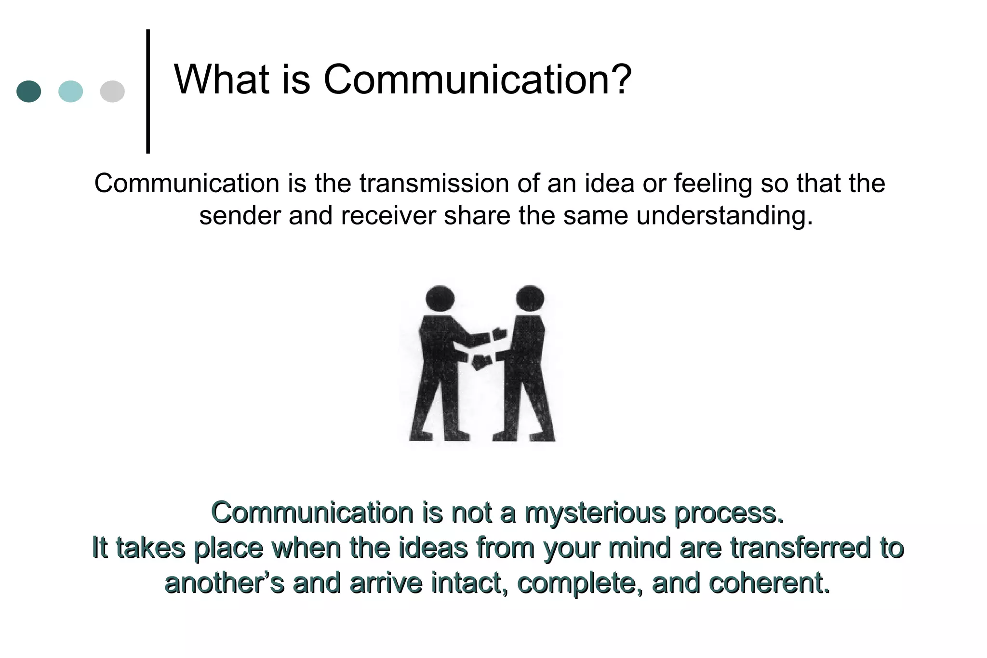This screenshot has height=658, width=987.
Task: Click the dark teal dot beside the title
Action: (x=28, y=91)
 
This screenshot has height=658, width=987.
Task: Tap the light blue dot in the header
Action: (x=70, y=91)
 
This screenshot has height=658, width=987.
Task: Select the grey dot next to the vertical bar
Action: (x=112, y=91)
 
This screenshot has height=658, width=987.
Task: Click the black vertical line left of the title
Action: (x=148, y=92)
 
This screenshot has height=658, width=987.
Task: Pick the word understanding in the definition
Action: (x=724, y=215)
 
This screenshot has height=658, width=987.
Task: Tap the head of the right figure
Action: (x=530, y=298)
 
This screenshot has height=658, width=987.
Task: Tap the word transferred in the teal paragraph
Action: (x=800, y=548)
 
